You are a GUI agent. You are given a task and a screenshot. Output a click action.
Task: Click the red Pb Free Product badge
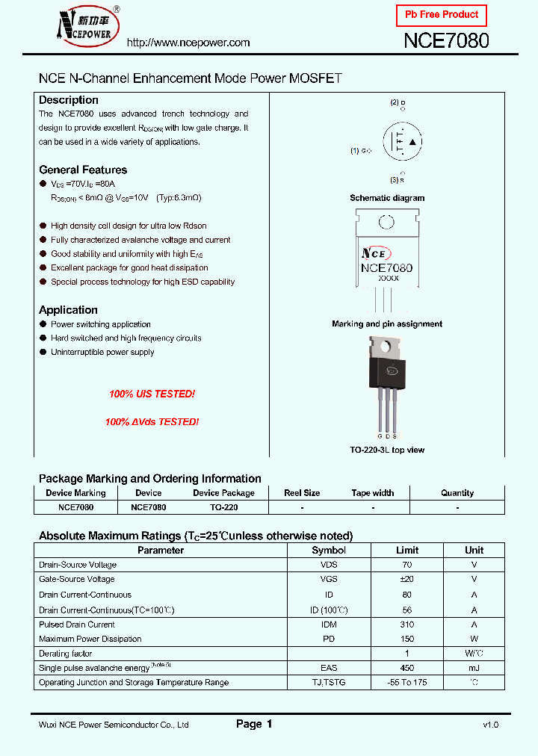point(442,15)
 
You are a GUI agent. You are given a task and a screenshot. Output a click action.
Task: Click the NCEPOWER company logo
point(81,25)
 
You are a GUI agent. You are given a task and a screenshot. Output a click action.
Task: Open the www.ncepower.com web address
point(188,43)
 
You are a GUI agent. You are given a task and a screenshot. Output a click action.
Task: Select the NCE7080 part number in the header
point(446,41)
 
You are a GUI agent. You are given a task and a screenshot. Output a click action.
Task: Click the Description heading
point(69,100)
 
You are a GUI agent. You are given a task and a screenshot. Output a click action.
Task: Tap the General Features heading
point(83,170)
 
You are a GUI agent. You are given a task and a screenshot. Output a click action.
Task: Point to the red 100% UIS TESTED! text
point(152,394)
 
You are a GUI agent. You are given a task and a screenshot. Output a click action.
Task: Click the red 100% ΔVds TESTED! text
point(152,422)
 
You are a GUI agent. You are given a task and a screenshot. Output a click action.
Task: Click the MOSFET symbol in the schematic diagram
point(403,141)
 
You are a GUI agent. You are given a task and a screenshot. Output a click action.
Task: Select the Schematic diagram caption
point(387,198)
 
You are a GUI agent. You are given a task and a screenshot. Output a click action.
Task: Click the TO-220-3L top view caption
point(387,450)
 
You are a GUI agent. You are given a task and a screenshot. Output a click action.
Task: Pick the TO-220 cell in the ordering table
point(223,506)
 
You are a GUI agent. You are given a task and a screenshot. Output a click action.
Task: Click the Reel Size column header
point(302,493)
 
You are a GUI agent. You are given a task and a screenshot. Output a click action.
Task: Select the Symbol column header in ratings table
point(329,551)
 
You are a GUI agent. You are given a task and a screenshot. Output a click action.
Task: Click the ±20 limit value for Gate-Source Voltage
point(407,579)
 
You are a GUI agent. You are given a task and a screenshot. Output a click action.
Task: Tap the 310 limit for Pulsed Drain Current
point(407,624)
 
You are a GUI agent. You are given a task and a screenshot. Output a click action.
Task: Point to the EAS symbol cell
point(329,668)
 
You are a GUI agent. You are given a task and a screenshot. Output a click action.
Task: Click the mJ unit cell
point(474,668)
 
